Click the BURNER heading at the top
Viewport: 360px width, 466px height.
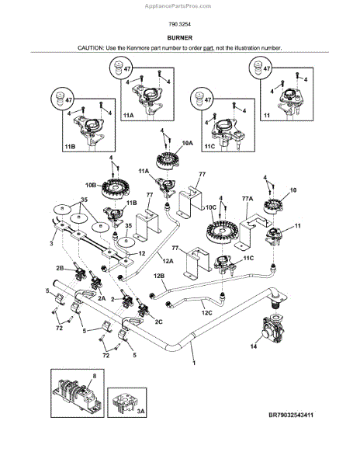179,38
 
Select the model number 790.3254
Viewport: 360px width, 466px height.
179,24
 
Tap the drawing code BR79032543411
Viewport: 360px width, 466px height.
291,415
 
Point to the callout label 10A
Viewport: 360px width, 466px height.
187,144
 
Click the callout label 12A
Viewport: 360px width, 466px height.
168,261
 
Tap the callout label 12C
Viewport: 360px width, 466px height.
207,313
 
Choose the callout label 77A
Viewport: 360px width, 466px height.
247,199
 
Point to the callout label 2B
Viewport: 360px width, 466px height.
60,268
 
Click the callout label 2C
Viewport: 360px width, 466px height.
159,322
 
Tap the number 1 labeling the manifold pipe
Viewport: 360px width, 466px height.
194,363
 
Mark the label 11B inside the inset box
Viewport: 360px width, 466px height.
70,147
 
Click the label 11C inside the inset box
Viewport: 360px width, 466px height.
209,147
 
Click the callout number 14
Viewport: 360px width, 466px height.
254,346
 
